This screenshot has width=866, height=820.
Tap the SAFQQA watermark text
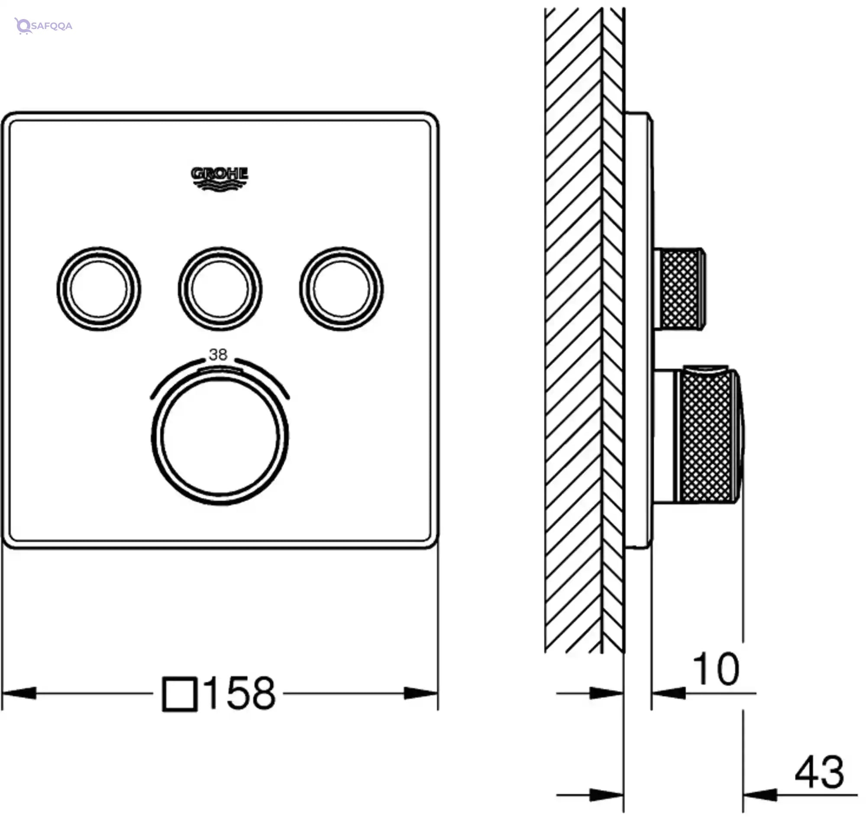[x=52, y=26]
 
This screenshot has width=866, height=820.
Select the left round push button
[x=99, y=289]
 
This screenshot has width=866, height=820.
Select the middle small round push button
[x=220, y=289]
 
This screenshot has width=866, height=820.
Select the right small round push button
[x=341, y=289]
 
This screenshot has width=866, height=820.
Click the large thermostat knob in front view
[x=220, y=438]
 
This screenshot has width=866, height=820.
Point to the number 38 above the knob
[x=218, y=355]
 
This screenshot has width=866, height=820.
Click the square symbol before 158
[x=179, y=694]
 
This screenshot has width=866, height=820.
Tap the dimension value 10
[x=716, y=669]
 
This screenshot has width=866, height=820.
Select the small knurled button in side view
[x=680, y=289]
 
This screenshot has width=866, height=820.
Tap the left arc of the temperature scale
[x=175, y=375]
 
